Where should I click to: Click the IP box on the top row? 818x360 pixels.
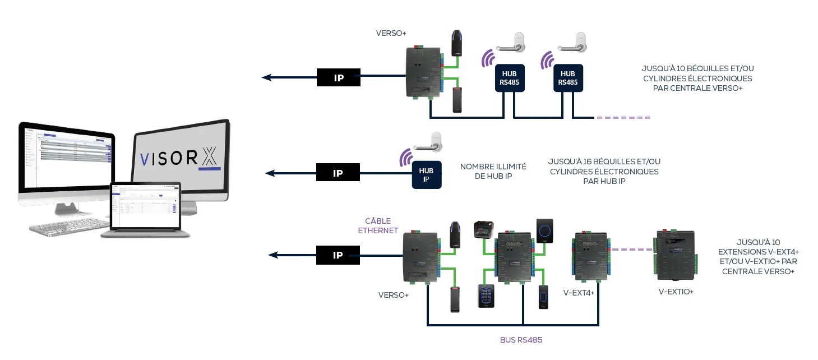pos(339,77)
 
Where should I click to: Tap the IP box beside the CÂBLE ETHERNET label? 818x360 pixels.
pos(338,255)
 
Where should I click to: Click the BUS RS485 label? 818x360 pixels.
pos(521,340)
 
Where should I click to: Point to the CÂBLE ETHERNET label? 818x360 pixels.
pos(378,225)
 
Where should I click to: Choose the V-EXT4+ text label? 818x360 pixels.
pos(579,292)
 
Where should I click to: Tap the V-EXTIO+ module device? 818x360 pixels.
pos(675,255)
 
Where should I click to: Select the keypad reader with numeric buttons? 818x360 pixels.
pos(486,296)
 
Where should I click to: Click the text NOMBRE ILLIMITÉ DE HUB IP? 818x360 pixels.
pos(493,171)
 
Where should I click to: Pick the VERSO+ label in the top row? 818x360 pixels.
pos(391,34)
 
